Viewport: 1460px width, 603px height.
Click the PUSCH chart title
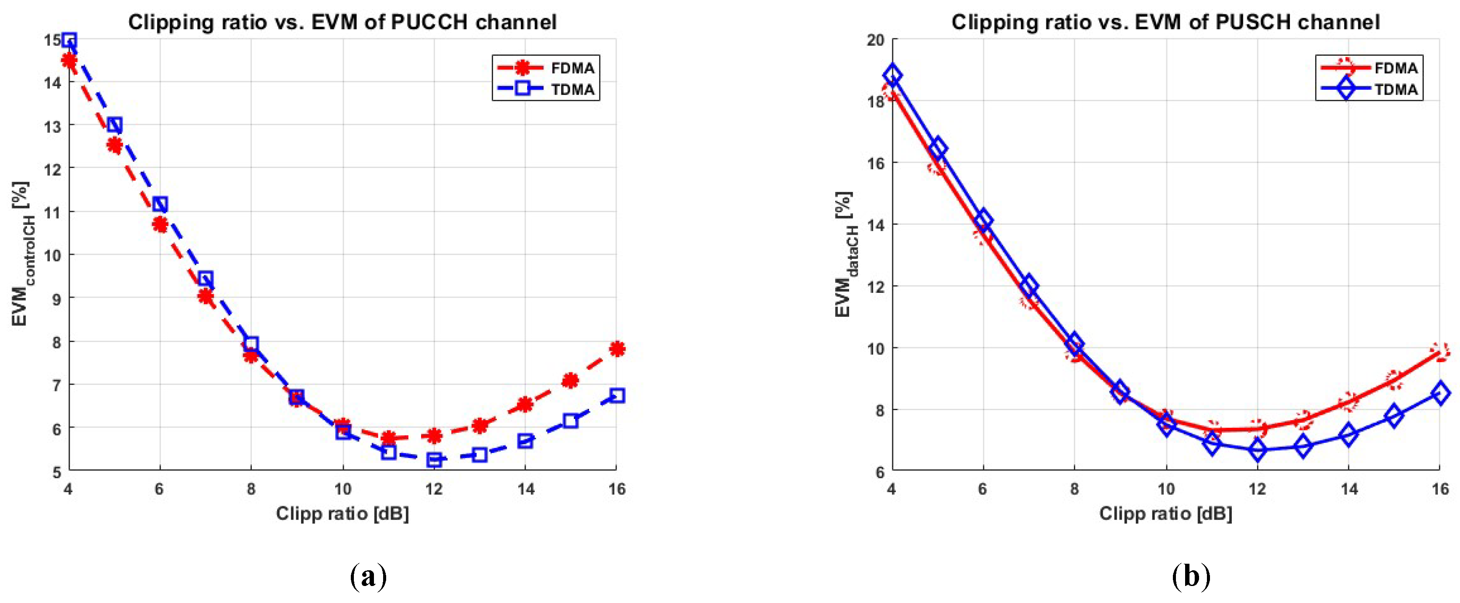tap(1165, 22)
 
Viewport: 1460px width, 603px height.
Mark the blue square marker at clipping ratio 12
tap(434, 459)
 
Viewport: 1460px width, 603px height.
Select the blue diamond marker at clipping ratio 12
tap(1258, 450)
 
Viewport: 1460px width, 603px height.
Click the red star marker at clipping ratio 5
tap(114, 146)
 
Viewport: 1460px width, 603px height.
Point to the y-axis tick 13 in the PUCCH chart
tap(52, 125)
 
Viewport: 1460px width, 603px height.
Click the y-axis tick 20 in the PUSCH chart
tap(876, 40)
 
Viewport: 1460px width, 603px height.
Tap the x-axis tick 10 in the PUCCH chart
tap(343, 489)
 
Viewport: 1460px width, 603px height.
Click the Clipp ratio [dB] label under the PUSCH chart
tap(1165, 514)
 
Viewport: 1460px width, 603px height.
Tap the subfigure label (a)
tap(369, 577)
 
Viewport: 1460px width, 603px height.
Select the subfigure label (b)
tap(1191, 577)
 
